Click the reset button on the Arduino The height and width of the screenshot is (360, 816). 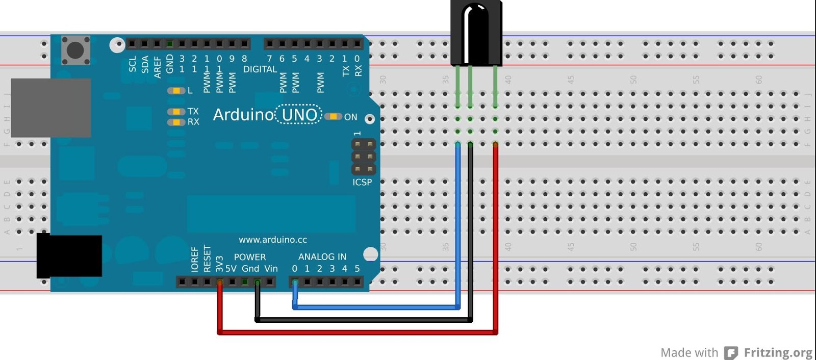pos(75,50)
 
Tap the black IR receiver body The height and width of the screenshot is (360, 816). pos(476,33)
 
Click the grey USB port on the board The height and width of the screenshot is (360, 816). pos(50,108)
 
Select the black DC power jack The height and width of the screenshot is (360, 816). pos(69,256)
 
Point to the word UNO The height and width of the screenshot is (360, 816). pos(299,115)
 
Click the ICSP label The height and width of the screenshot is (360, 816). pos(362,182)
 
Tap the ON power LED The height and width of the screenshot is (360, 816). pos(333,117)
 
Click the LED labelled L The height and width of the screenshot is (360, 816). pos(176,91)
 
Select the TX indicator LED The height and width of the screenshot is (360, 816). pos(176,112)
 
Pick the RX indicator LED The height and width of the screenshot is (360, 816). pos(176,122)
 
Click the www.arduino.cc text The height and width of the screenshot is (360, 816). pos(273,240)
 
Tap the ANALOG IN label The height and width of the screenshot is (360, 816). pos(322,257)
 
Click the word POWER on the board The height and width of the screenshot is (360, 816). pos(249,257)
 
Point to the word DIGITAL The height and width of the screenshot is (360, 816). pos(260,69)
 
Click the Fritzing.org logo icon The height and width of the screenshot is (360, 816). pos(731,353)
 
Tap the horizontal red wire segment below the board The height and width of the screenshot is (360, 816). pos(357,332)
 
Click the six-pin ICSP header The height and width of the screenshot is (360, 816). pos(363,157)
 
